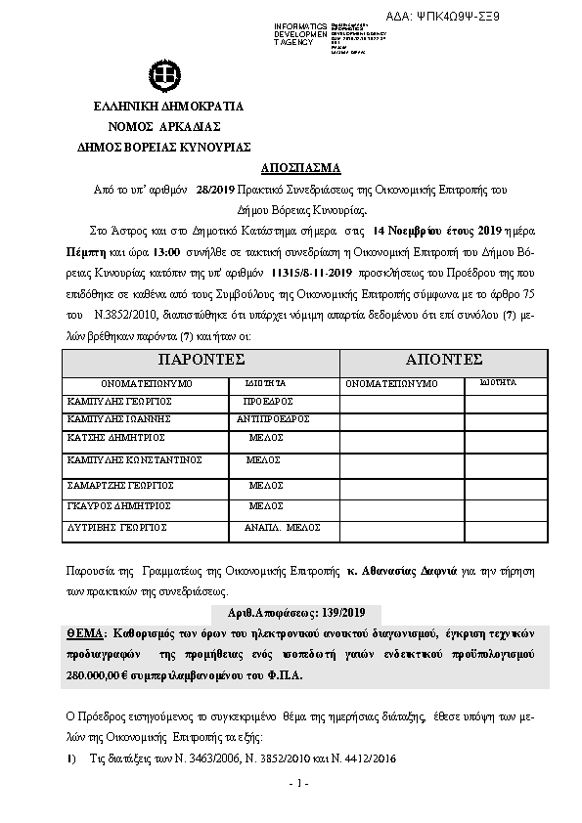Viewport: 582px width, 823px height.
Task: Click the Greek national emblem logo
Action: click(162, 74)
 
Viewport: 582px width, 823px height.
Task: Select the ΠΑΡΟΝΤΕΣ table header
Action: click(201, 360)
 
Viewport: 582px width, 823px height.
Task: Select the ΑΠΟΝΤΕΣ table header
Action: click(444, 360)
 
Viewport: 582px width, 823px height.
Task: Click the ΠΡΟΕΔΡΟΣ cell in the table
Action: click(268, 401)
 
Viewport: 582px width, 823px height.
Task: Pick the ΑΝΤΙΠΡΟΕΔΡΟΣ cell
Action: click(274, 418)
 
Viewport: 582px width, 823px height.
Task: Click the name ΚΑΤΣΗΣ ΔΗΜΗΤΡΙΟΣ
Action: click(115, 437)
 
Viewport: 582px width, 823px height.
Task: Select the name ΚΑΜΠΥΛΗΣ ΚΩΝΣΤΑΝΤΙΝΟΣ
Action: click(134, 458)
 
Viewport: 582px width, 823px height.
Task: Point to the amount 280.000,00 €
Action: click(107, 673)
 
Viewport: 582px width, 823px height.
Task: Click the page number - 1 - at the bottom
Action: click(299, 783)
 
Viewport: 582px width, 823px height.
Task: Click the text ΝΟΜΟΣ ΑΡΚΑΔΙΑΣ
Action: click(163, 126)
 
